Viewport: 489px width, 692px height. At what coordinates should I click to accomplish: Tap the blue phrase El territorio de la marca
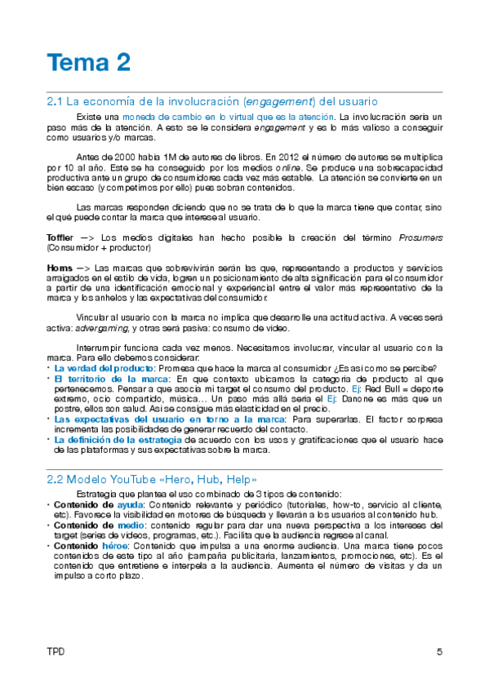click(100, 379)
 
